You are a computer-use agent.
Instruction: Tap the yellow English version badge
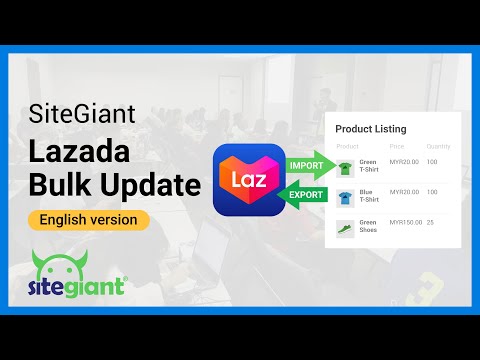(89, 219)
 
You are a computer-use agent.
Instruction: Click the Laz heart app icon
(247, 179)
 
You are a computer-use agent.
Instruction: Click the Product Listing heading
(370, 129)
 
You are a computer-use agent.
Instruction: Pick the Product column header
(347, 146)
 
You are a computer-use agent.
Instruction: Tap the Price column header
(397, 146)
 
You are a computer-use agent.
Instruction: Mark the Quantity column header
(438, 146)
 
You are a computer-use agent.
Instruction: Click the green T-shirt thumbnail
(345, 167)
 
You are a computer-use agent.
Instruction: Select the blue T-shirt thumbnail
(345, 197)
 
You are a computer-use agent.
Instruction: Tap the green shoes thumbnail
(345, 227)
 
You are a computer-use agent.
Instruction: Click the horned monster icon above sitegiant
(58, 265)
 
